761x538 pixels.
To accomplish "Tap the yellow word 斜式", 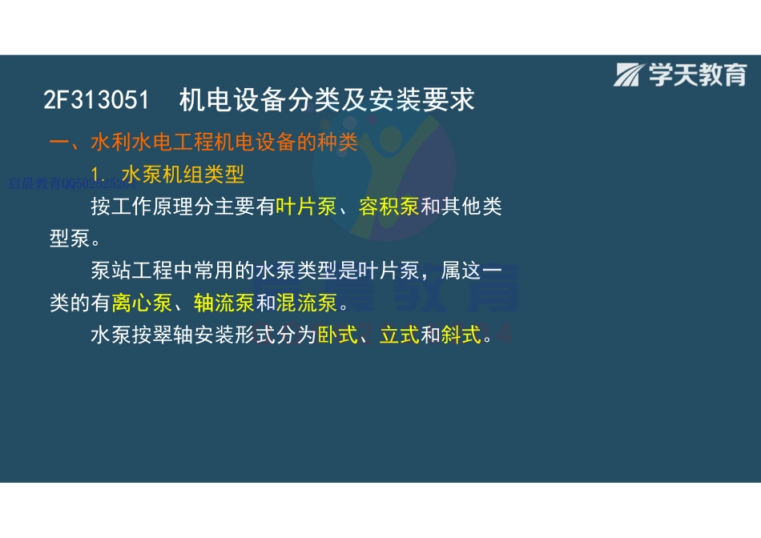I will [462, 335].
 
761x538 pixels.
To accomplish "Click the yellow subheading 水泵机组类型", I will [183, 174].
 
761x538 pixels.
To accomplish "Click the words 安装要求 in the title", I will [434, 100].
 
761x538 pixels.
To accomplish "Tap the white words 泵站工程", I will [132, 271].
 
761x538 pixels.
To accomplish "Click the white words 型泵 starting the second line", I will [70, 239].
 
